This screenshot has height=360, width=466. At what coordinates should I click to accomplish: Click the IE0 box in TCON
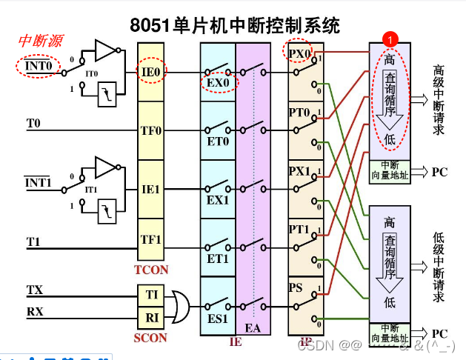(x=151, y=72)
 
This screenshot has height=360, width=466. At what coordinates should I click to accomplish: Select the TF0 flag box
(x=151, y=130)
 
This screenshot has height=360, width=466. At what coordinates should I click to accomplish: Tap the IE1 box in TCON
(x=151, y=189)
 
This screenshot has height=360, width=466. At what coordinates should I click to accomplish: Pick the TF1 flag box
(x=151, y=240)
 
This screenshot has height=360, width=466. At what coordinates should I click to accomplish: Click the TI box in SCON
(x=152, y=294)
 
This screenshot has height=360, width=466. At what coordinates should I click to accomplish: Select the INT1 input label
(x=36, y=182)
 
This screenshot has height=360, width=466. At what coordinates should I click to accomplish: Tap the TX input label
(x=35, y=290)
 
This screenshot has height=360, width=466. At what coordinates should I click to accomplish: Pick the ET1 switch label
(x=217, y=259)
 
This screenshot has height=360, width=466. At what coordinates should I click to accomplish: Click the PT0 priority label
(x=300, y=112)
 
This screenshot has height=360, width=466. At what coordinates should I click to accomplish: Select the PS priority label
(x=296, y=287)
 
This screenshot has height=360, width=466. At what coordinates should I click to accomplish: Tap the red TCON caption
(x=151, y=270)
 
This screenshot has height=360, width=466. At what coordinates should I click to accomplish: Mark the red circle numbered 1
(x=390, y=36)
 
